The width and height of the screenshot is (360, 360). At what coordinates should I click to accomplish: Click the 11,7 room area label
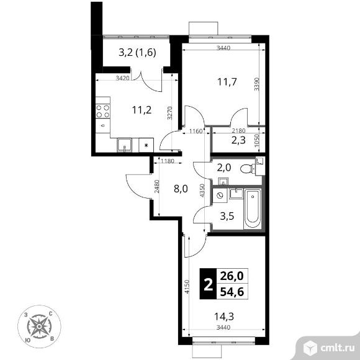point(227,82)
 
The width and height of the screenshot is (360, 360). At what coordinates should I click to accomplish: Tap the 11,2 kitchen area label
point(142,110)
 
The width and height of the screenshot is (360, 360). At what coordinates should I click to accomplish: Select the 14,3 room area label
point(224,317)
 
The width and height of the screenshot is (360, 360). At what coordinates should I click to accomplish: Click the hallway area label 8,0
point(181,189)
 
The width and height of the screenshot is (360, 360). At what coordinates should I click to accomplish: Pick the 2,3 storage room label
point(238,140)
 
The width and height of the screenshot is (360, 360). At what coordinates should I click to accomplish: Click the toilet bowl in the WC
point(248,169)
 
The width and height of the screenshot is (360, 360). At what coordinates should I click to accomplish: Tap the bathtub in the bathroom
point(253,209)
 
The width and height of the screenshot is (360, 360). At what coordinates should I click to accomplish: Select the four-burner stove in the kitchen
point(102,111)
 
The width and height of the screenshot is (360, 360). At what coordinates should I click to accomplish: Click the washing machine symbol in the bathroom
point(220,196)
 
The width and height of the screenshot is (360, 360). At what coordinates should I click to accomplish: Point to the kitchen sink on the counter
point(124,145)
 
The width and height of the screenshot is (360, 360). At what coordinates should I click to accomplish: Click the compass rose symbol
point(39,326)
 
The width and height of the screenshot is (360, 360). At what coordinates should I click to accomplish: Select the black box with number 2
point(208,284)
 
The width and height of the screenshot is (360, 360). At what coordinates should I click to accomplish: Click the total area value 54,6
point(232,292)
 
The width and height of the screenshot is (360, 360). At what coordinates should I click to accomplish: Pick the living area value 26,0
point(232,276)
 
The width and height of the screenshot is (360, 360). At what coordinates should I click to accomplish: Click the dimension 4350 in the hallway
point(202,191)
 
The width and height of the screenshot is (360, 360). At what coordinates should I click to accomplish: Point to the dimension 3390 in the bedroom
point(257,84)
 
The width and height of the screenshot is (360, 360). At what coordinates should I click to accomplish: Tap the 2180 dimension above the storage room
point(238,131)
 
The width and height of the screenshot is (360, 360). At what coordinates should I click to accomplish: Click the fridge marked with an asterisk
point(146,145)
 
